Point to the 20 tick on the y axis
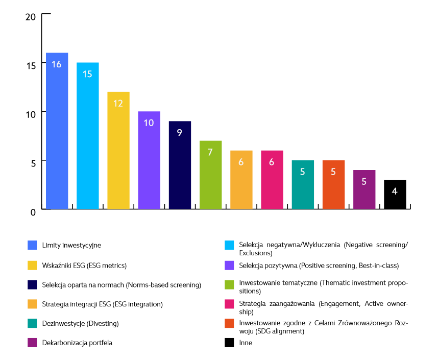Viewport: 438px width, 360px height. (x=31, y=16)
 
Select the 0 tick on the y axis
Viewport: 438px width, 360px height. (x=33, y=211)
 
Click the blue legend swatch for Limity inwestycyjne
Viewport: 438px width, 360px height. (x=32, y=245)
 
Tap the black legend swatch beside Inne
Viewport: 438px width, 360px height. (x=229, y=343)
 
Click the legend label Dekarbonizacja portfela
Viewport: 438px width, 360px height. (x=77, y=343)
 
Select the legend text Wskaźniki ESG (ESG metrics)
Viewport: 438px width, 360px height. (x=84, y=265)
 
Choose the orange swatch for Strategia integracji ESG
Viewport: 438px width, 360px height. (x=32, y=304)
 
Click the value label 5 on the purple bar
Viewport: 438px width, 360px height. (x=364, y=181)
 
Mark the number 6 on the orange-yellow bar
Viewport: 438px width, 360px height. (x=241, y=161)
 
